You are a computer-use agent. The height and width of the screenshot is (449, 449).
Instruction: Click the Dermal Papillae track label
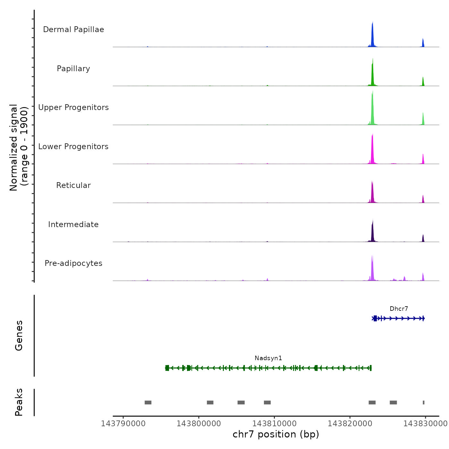click(x=73, y=30)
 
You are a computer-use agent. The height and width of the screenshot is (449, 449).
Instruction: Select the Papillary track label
click(x=73, y=69)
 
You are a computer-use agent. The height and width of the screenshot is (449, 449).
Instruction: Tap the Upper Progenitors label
click(x=73, y=107)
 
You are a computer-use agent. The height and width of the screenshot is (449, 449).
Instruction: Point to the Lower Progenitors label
click(x=73, y=147)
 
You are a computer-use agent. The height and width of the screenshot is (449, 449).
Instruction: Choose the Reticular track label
click(x=73, y=185)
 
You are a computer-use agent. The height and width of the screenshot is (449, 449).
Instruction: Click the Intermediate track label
click(x=73, y=224)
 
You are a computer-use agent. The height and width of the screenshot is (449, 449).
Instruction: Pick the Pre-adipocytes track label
click(x=73, y=263)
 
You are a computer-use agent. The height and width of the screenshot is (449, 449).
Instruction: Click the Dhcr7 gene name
click(x=399, y=309)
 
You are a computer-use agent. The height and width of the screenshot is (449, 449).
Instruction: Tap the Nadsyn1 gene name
click(x=268, y=358)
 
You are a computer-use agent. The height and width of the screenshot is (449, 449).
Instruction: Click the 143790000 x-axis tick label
click(x=123, y=424)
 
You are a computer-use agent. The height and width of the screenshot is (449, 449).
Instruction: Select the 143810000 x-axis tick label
click(x=275, y=424)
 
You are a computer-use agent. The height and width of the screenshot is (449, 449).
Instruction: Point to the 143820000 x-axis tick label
click(x=350, y=424)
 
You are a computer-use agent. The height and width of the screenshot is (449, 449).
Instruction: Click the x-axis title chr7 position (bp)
click(x=276, y=435)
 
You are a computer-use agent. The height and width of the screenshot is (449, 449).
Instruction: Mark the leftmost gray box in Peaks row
click(x=148, y=402)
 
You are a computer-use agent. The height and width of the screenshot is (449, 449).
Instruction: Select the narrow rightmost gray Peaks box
click(x=424, y=402)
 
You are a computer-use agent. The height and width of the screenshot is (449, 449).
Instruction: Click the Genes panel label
click(x=19, y=335)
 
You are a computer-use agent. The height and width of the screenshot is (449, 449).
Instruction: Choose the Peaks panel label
click(x=19, y=402)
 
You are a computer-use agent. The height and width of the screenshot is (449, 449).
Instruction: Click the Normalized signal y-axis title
click(x=19, y=148)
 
